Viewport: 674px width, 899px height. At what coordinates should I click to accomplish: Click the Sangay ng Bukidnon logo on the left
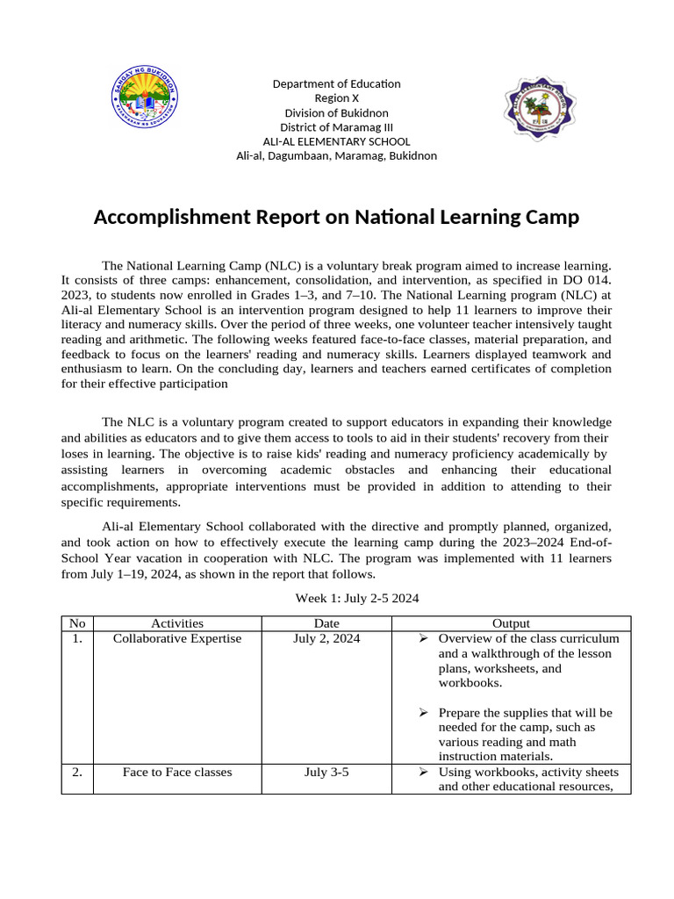click(147, 96)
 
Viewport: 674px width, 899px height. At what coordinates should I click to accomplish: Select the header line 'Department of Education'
click(336, 83)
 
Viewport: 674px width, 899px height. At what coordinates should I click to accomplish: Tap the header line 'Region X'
click(336, 98)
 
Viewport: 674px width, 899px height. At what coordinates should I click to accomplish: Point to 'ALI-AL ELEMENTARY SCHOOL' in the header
click(336, 141)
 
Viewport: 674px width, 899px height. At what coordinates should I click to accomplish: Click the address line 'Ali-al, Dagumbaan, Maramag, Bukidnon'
click(336, 155)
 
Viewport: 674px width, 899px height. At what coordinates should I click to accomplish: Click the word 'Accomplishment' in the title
click(170, 217)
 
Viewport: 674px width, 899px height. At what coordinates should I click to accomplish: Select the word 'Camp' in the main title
click(549, 217)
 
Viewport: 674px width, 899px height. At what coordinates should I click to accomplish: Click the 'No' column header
click(78, 623)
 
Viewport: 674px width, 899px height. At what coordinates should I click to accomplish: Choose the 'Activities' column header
click(177, 623)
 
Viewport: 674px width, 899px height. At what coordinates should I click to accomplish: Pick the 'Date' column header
click(326, 623)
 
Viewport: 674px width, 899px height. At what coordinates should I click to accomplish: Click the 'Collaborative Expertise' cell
click(177, 639)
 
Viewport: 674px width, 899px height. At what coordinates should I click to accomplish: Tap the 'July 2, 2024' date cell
click(326, 639)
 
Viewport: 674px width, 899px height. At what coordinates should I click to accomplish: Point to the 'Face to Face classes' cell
click(177, 773)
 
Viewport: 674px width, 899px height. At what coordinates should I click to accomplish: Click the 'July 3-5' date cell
click(326, 773)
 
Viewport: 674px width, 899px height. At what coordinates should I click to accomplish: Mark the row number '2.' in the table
click(78, 773)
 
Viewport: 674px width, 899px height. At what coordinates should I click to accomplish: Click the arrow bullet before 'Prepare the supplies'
click(422, 713)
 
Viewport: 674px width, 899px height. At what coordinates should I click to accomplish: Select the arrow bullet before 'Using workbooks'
click(422, 773)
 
